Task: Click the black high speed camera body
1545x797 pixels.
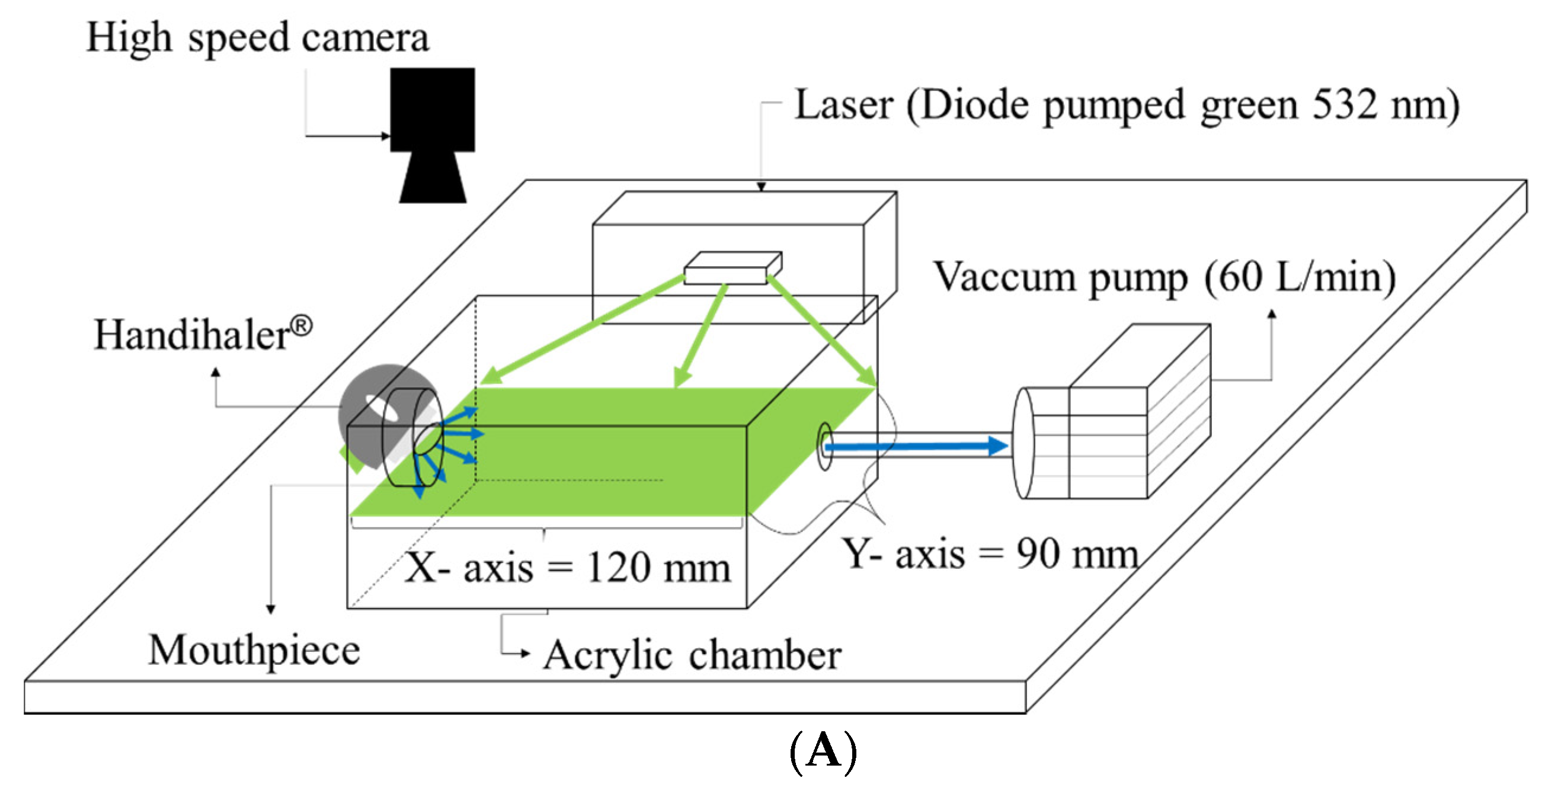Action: [433, 109]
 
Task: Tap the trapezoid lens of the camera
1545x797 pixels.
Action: [433, 178]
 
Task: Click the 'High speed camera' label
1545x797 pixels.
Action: [257, 38]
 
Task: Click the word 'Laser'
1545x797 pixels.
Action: [844, 105]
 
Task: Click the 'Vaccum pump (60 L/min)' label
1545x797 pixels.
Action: [1163, 278]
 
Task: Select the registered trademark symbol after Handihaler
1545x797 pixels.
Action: [301, 327]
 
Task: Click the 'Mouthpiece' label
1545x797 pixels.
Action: [254, 650]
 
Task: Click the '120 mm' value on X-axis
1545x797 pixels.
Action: [658, 567]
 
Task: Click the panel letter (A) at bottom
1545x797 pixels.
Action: [823, 751]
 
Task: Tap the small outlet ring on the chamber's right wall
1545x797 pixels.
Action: [825, 446]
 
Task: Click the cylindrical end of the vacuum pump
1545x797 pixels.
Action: [1023, 443]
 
